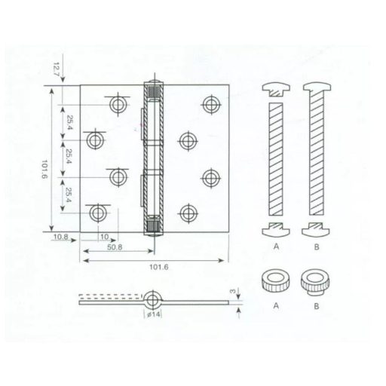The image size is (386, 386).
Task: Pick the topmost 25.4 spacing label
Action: point(69,123)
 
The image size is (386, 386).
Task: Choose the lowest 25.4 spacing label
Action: point(69,195)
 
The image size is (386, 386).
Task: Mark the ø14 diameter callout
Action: point(154,313)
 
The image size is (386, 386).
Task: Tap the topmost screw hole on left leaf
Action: point(118,104)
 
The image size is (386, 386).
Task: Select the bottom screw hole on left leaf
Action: point(96,213)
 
